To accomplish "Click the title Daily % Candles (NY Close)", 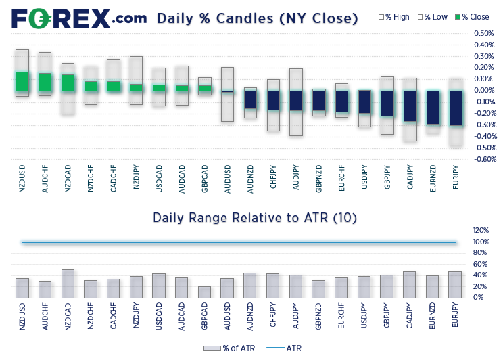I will point(257,18).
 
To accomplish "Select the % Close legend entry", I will point(473,17).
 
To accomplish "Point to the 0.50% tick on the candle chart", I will point(483,33).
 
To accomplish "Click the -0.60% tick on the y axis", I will point(483,160).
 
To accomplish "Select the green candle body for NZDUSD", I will point(22,81).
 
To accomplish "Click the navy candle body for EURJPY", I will point(456,108).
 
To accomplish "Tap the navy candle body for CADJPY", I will point(410,106).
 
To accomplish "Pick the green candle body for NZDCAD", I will point(68,83).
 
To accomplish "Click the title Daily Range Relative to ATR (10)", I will point(254,218).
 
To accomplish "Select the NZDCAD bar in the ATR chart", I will point(68,284).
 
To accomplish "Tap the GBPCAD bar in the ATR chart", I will point(204,292).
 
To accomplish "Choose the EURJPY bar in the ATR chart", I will point(456,285).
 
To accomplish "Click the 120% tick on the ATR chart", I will point(481,231).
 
